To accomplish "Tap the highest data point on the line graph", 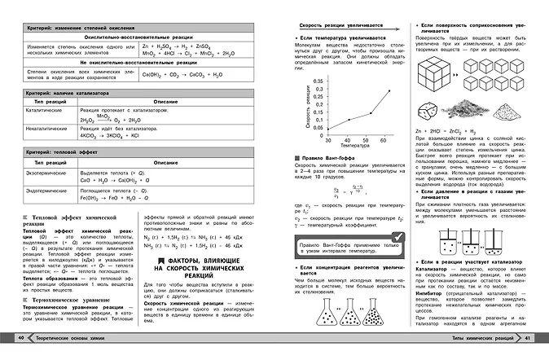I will pos(388,91).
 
